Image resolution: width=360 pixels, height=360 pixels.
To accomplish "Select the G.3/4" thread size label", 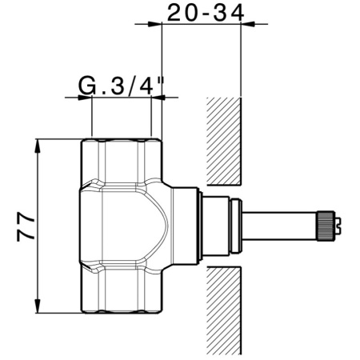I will pyautogui.click(x=121, y=84).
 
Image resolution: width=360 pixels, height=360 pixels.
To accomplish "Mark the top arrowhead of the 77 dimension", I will pyautogui.click(x=38, y=144).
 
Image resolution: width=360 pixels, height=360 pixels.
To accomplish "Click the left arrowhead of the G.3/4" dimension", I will pyautogui.click(x=87, y=98).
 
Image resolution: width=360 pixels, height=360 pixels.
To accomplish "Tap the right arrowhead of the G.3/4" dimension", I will pyautogui.click(x=154, y=98).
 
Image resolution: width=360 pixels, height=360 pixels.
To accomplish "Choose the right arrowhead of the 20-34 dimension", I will pyautogui.click(x=246, y=24).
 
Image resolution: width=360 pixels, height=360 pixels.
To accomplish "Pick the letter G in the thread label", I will pyautogui.click(x=87, y=84).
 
